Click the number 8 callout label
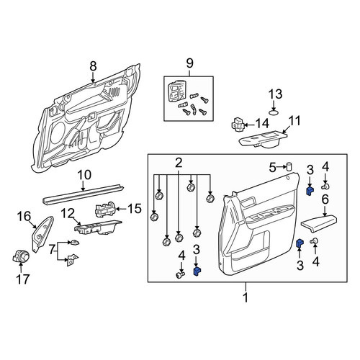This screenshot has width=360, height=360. pos(93,66)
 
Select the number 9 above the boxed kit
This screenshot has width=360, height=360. pos(189,63)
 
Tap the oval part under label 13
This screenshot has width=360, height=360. pos(274,112)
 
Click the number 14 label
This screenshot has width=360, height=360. pos(262,124)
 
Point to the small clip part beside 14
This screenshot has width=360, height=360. pos(238,125)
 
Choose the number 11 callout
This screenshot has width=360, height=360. pos(294,121)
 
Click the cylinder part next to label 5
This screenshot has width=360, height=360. pos(289,166)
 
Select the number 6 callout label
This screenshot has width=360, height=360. pos(325,199)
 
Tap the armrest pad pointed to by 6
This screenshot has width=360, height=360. pos(319,224)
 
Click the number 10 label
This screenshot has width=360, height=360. pos(84,175)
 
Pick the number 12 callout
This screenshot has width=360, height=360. pos(68,213)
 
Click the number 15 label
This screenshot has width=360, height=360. pos(135,209)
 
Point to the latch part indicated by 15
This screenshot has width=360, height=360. pos(106,209)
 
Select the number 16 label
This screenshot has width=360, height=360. pos(24,216)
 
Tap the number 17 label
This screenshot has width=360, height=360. pos(23,279)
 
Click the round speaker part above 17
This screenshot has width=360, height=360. pos(21,256)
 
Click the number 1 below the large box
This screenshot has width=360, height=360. pos(246,298)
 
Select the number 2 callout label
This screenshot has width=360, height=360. pos(179,163)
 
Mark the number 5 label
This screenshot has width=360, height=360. pos(273,168)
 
